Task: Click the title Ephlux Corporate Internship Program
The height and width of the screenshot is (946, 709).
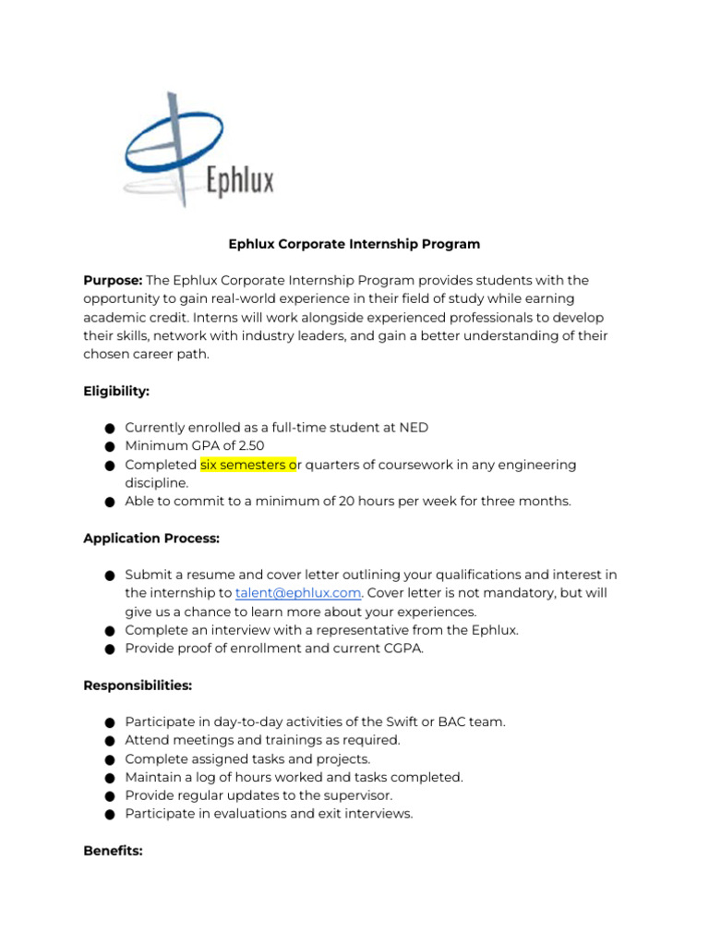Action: (x=354, y=245)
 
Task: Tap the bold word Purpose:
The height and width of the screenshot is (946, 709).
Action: (x=113, y=280)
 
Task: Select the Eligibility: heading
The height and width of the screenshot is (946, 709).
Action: (x=116, y=391)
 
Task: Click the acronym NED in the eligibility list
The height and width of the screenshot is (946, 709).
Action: (x=414, y=428)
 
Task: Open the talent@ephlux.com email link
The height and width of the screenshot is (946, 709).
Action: (x=297, y=593)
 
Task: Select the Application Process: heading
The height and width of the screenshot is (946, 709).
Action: (x=151, y=538)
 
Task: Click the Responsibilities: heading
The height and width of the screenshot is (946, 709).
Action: (x=138, y=685)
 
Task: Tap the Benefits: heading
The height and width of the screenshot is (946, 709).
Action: (x=113, y=851)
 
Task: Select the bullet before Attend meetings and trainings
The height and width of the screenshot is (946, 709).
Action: (x=109, y=741)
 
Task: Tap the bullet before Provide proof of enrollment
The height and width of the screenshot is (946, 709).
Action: (x=109, y=649)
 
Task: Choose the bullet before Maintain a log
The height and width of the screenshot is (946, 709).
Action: (x=109, y=778)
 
